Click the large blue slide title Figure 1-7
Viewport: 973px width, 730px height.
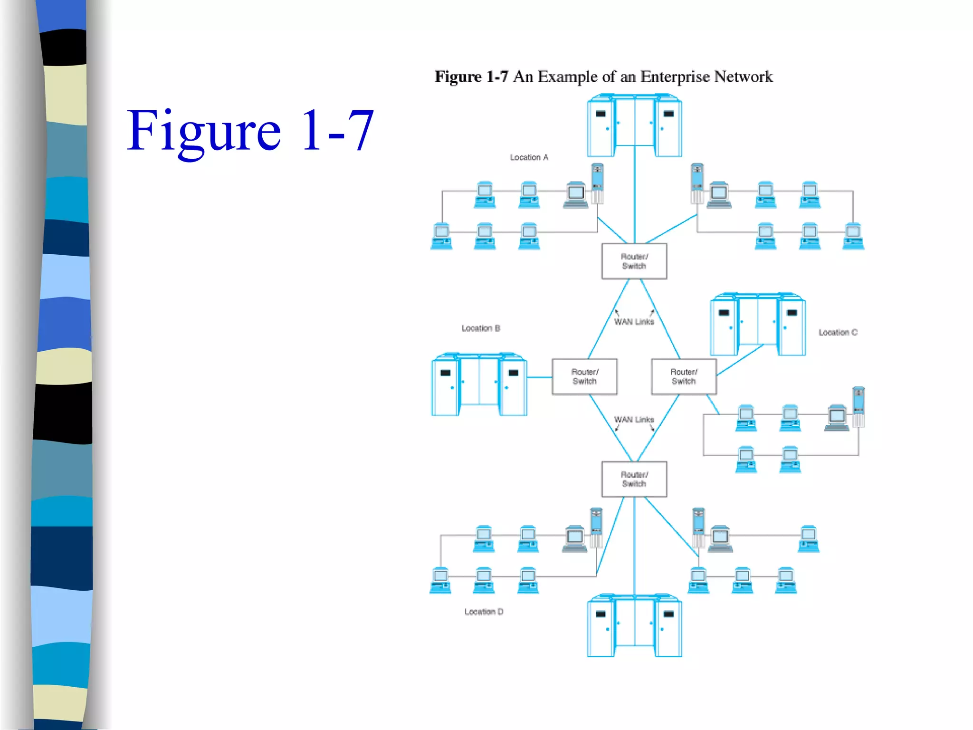[x=250, y=131]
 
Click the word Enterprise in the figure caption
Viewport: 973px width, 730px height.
[x=675, y=77]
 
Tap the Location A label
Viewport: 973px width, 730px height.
[x=529, y=157]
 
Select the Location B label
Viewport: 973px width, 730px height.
[x=480, y=328]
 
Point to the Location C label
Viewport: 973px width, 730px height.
[x=838, y=333]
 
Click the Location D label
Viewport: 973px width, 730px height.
[x=484, y=612]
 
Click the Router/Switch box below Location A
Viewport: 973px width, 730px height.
[x=634, y=261]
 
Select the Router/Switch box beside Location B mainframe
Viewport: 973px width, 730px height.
[x=584, y=377]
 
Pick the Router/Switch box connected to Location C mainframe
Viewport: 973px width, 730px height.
[x=684, y=377]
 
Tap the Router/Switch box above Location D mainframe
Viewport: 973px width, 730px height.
[x=634, y=479]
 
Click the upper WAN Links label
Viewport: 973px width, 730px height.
[x=634, y=322]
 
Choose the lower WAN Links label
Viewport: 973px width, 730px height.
[x=634, y=420]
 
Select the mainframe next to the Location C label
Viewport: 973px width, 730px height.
[x=758, y=325]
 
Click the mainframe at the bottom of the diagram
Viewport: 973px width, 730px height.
[x=634, y=626]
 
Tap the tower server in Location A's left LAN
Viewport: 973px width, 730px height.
[x=597, y=183]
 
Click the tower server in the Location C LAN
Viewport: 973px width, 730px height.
[x=858, y=407]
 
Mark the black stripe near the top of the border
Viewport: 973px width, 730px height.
[x=64, y=48]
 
